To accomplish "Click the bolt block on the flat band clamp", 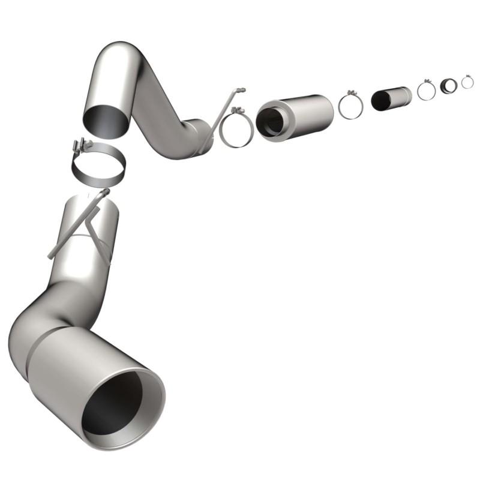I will click(x=80, y=146).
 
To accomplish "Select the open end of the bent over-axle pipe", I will click(x=106, y=119).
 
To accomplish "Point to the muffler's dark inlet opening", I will click(x=269, y=121).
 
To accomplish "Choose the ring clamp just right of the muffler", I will click(x=351, y=107).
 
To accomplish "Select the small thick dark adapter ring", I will click(x=448, y=86).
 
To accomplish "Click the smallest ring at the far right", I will click(x=467, y=82).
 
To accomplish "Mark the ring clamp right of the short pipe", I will click(x=426, y=90).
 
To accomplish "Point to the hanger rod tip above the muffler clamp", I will click(x=241, y=90).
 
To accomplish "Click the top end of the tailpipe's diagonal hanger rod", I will click(x=106, y=192).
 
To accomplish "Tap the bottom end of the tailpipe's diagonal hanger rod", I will click(x=50, y=257).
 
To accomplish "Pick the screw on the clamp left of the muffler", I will click(x=238, y=110).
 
